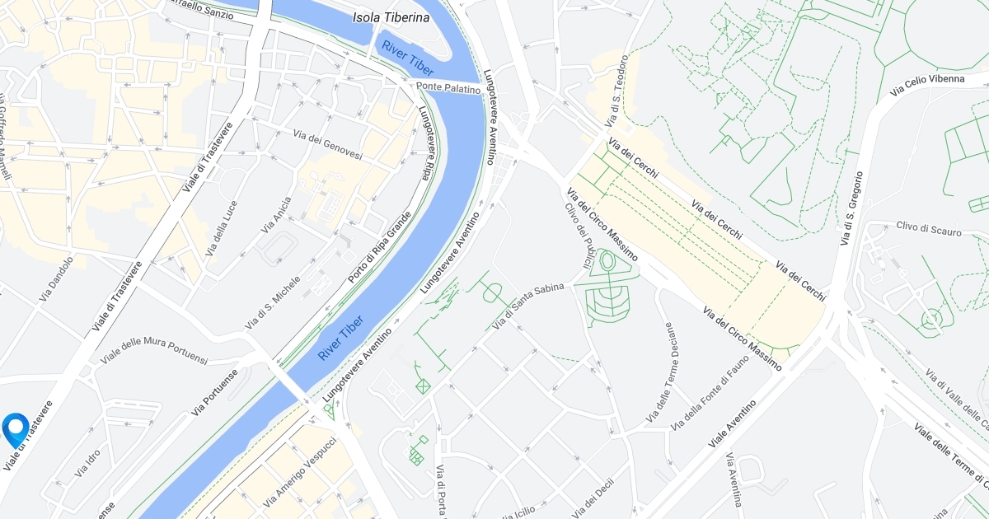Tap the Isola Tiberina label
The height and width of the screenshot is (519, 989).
click(x=391, y=16)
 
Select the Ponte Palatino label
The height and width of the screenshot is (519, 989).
click(x=448, y=87)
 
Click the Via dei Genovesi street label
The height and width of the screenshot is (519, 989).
click(x=328, y=146)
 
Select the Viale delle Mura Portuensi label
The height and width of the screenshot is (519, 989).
click(x=154, y=349)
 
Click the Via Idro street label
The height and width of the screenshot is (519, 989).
click(x=87, y=465)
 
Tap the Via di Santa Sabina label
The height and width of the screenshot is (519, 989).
click(x=527, y=307)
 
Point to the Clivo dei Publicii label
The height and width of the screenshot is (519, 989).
click(x=579, y=236)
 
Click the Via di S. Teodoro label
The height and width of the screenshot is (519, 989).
click(x=617, y=91)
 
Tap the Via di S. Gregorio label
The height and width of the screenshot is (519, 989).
click(x=852, y=208)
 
